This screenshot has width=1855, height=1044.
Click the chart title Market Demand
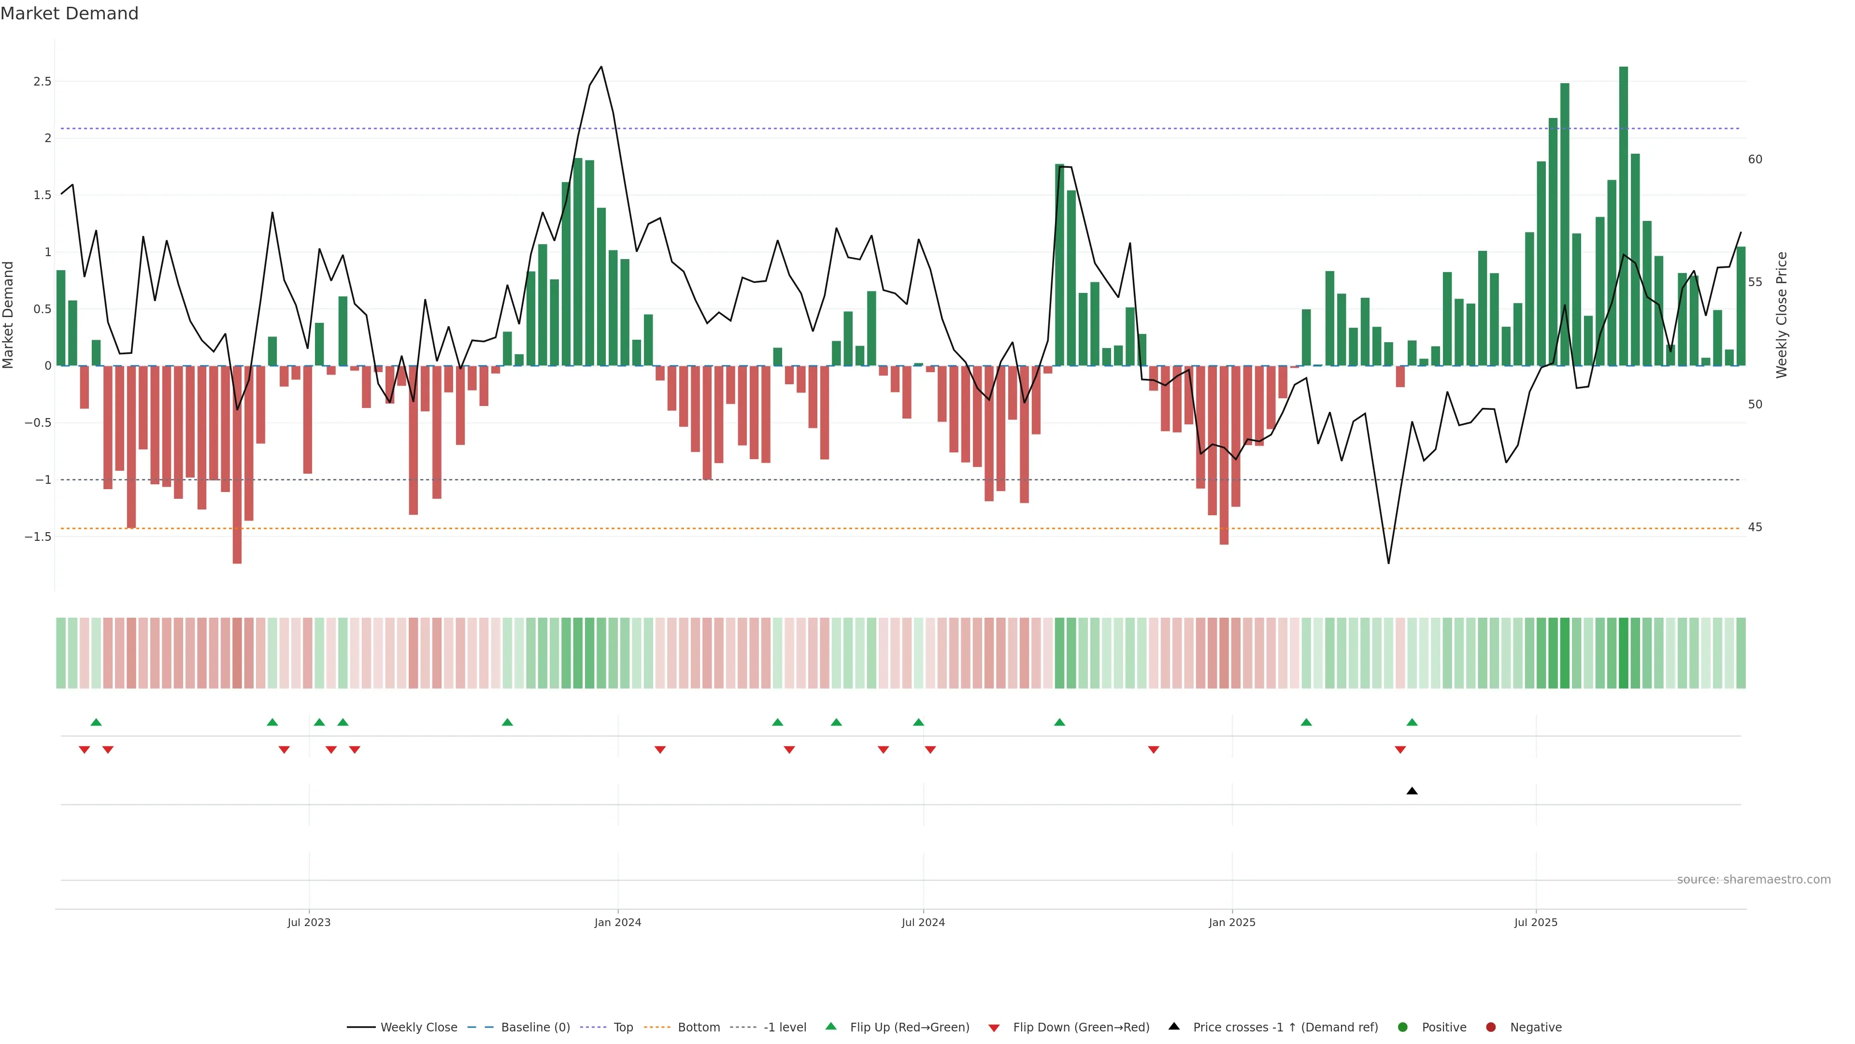69,14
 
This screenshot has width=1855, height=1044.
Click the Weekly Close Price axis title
1782,315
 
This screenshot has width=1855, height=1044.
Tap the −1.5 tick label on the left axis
38,537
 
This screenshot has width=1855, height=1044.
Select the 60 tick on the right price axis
1755,159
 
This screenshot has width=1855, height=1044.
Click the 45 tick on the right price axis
1755,527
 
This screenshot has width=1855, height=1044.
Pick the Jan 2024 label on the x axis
617,922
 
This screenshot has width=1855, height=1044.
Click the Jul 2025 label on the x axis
1535,922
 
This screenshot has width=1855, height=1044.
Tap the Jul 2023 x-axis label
309,922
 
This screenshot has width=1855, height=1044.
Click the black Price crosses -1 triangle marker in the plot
1412,791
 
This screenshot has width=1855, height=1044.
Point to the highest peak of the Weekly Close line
601,67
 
